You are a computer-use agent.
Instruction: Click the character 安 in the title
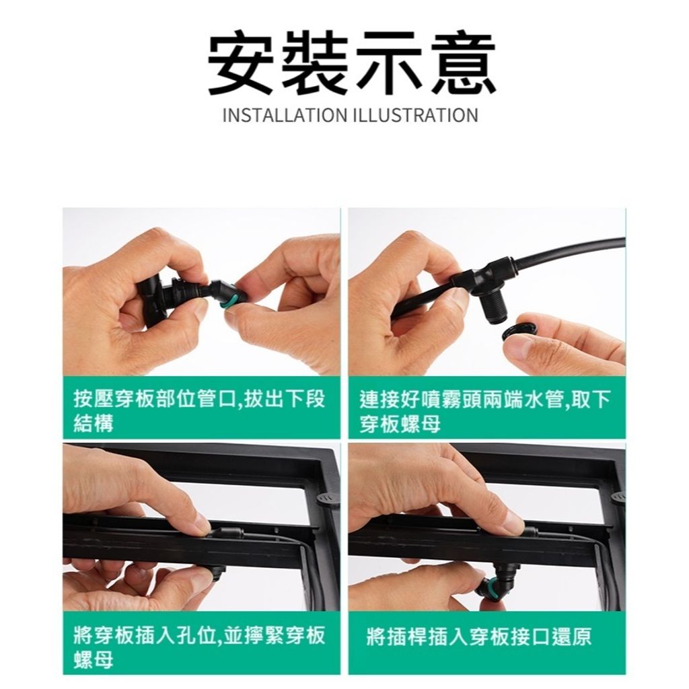[242, 63]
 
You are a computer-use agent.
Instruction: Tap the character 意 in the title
[463, 63]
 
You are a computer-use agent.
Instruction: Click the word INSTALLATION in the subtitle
[286, 115]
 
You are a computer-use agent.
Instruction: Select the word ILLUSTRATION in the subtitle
[416, 115]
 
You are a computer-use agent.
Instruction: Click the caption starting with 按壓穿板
[199, 411]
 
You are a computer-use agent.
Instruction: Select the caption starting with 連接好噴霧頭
[485, 411]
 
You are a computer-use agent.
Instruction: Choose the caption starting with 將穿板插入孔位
[199, 647]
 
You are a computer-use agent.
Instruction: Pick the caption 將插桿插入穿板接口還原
[479, 637]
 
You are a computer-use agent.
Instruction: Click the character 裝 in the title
[316, 63]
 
